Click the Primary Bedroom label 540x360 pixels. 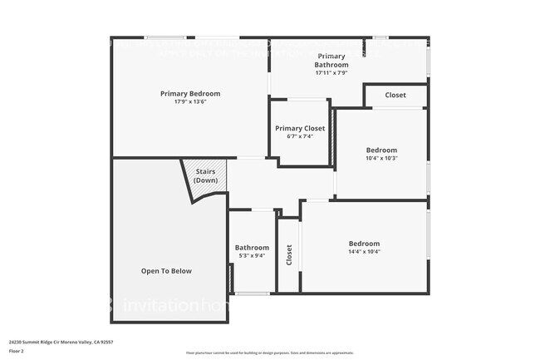tap(190, 93)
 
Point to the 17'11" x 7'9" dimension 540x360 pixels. tap(331, 72)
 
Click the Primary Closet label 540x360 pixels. tap(300, 128)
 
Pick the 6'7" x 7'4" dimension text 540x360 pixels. tap(300, 136)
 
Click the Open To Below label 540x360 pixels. tap(166, 270)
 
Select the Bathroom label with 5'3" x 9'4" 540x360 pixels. tap(252, 247)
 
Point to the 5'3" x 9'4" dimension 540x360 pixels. tap(252, 255)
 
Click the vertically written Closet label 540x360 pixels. tap(289, 254)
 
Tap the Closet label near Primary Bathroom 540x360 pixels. tap(395, 95)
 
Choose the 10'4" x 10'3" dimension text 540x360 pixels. tap(381, 158)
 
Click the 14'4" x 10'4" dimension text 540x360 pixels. tap(364, 251)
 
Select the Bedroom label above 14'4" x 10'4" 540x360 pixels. tap(364, 243)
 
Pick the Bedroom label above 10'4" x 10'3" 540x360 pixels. tap(381, 150)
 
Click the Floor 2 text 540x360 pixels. tap(17, 350)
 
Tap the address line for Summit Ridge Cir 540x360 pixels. tap(61, 342)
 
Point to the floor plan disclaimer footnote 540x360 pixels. tap(269, 353)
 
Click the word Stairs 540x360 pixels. tap(205, 173)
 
